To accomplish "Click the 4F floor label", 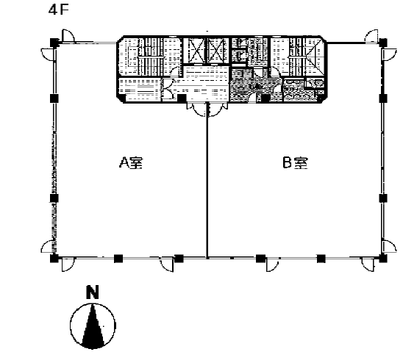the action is pyautogui.click(x=59, y=10).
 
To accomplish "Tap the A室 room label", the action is pyautogui.click(x=131, y=162).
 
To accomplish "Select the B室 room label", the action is pyautogui.click(x=295, y=162).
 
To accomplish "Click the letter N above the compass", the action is pyautogui.click(x=93, y=292).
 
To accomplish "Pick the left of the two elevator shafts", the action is pyautogui.click(x=195, y=51).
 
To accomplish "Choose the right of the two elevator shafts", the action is pyautogui.click(x=218, y=51).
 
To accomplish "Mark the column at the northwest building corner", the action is pyautogui.click(x=54, y=43).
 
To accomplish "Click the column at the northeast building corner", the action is pyautogui.click(x=383, y=43).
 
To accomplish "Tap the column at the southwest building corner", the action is pyautogui.click(x=54, y=258).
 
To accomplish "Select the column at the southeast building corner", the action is pyautogui.click(x=383, y=258).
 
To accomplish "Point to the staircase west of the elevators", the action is pyautogui.click(x=150, y=57).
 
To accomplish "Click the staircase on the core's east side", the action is pyautogui.click(x=297, y=57).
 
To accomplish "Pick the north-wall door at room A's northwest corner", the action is pyautogui.click(x=68, y=36).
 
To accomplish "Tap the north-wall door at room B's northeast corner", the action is pyautogui.click(x=372, y=36).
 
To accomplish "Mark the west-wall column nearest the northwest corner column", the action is pyautogui.click(x=54, y=98).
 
